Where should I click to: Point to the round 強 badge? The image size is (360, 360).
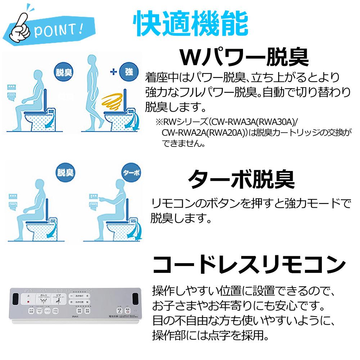click(x=129, y=72)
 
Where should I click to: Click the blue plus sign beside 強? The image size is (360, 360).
click(x=113, y=72)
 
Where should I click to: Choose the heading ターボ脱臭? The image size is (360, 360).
click(x=242, y=179)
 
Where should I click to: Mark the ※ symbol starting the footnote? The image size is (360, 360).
click(x=159, y=123)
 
